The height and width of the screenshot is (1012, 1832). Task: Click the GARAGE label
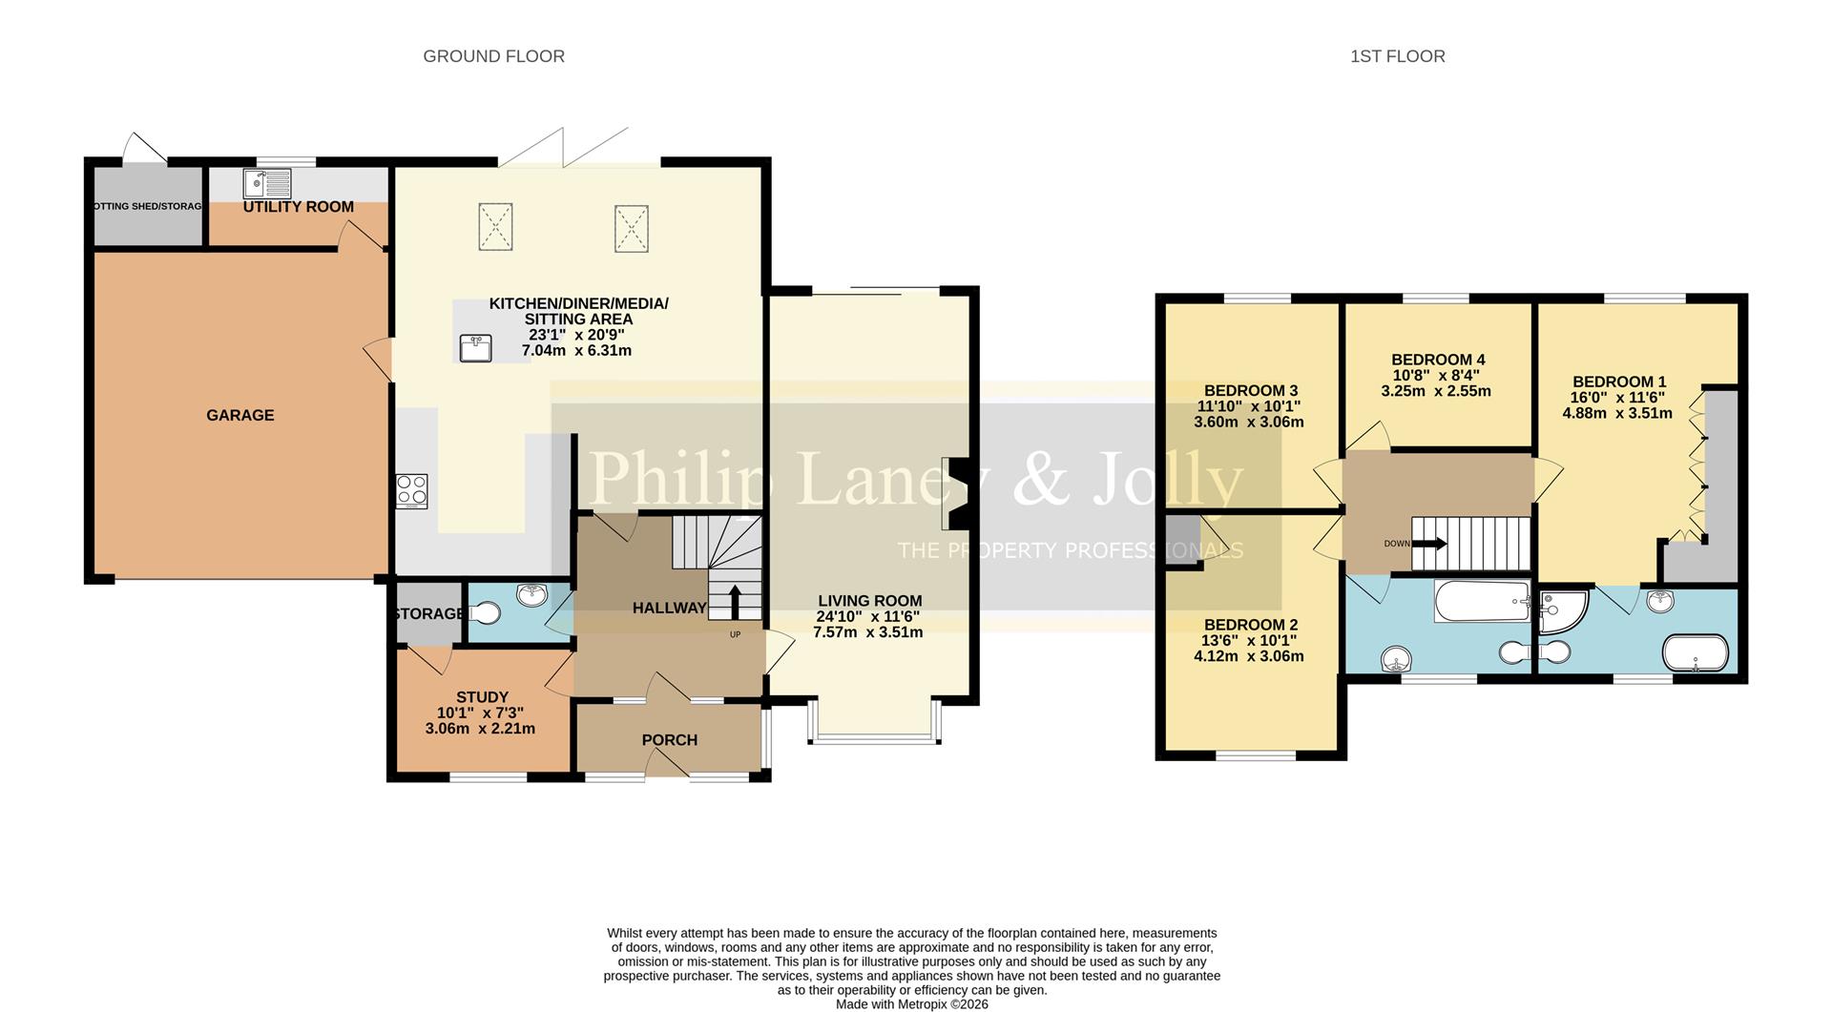coord(239,415)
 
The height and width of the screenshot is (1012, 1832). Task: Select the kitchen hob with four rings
coord(412,491)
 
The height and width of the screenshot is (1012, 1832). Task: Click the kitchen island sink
coord(475,347)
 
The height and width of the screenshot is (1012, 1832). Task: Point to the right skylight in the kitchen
coord(631,229)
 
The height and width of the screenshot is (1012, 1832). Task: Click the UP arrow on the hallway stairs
coord(735,602)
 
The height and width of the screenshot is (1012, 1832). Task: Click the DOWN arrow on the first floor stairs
coord(1428,544)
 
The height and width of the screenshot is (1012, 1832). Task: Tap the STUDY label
coord(482,697)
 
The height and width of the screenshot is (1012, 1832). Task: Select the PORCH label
coord(669,740)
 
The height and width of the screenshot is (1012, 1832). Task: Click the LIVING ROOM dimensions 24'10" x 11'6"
coord(867,617)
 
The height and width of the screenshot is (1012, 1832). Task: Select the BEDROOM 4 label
coord(1437,360)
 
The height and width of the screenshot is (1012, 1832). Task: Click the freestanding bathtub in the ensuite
coord(1695,654)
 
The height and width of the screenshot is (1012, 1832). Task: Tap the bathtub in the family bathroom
coord(1482,602)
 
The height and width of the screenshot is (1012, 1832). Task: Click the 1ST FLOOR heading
coord(1397,56)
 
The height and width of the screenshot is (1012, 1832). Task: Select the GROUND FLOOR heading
coord(493,56)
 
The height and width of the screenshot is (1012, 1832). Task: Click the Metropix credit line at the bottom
coord(911,1004)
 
